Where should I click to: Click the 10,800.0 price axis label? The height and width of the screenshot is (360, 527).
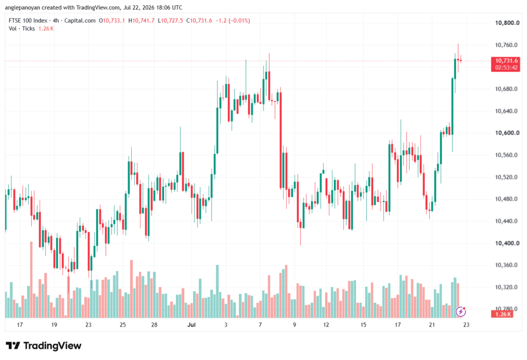point(507,23)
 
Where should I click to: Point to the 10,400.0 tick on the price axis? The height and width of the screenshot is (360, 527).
point(507,243)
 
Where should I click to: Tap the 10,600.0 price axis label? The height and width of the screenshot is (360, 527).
point(507,133)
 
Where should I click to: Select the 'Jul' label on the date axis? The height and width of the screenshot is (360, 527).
point(191,324)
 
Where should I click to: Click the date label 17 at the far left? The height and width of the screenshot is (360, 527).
point(20,324)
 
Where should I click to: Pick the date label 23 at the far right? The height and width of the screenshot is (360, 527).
point(466,324)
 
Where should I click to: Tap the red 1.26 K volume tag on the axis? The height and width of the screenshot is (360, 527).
point(502,314)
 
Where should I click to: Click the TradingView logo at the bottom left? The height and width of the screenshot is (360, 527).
point(44,346)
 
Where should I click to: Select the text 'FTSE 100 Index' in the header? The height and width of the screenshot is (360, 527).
point(28,21)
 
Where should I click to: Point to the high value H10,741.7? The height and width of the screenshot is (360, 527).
point(142,21)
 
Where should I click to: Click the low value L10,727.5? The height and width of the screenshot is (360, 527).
point(170,21)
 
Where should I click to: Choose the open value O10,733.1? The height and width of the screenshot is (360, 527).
point(112,21)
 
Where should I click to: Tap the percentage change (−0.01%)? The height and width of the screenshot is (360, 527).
point(239,21)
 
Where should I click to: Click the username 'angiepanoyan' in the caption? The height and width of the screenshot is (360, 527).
point(23,7)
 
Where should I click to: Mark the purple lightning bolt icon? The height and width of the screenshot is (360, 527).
point(461,312)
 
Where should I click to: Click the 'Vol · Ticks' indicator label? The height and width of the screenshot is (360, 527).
point(22,29)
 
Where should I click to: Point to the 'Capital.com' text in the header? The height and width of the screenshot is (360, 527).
point(80,21)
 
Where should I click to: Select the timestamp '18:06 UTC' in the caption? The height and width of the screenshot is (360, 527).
point(169,7)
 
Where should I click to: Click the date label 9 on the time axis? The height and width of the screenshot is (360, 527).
point(294,324)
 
